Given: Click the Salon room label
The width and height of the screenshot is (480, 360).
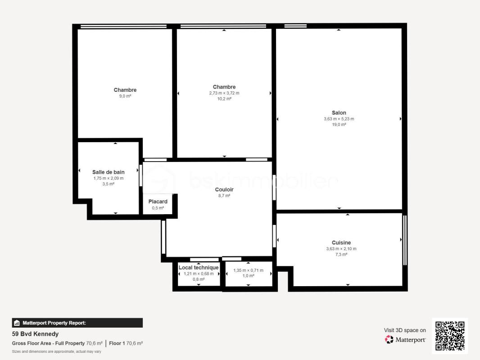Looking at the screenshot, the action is click(339, 113).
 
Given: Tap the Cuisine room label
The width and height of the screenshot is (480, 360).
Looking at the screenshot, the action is click(341, 243).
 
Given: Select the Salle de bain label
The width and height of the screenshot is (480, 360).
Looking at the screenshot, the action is click(109, 172).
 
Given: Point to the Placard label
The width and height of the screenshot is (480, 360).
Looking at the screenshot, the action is click(158, 202).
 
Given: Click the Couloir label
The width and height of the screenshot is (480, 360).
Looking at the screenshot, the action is click(224, 189).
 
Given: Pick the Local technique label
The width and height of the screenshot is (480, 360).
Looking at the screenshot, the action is click(199, 268).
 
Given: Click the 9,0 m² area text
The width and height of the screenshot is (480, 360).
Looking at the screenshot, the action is click(125, 96).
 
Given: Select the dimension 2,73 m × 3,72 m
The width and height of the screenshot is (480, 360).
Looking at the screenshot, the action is click(224, 93).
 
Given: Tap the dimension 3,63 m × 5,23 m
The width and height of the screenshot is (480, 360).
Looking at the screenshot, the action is click(339, 119).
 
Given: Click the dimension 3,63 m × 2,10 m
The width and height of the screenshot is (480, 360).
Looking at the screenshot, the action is click(341, 249).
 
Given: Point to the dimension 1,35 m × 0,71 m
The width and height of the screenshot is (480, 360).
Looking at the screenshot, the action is click(248, 270).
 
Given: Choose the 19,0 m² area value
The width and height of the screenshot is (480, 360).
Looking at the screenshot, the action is click(339, 125).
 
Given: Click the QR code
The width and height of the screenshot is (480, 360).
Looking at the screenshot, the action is click(450, 336).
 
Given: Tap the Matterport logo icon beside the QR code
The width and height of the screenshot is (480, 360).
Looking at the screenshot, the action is click(389, 339).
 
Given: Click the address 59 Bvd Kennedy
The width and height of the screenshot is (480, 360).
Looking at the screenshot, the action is click(35, 334).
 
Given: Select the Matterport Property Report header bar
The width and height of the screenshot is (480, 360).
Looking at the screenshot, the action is click(77, 323).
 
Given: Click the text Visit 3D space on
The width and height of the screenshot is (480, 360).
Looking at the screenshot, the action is click(405, 330).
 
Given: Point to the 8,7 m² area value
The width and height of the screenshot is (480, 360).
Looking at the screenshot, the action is click(224, 196).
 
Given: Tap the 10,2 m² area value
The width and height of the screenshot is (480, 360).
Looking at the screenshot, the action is click(224, 99).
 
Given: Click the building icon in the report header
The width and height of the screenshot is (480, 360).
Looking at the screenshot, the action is click(17, 323).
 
